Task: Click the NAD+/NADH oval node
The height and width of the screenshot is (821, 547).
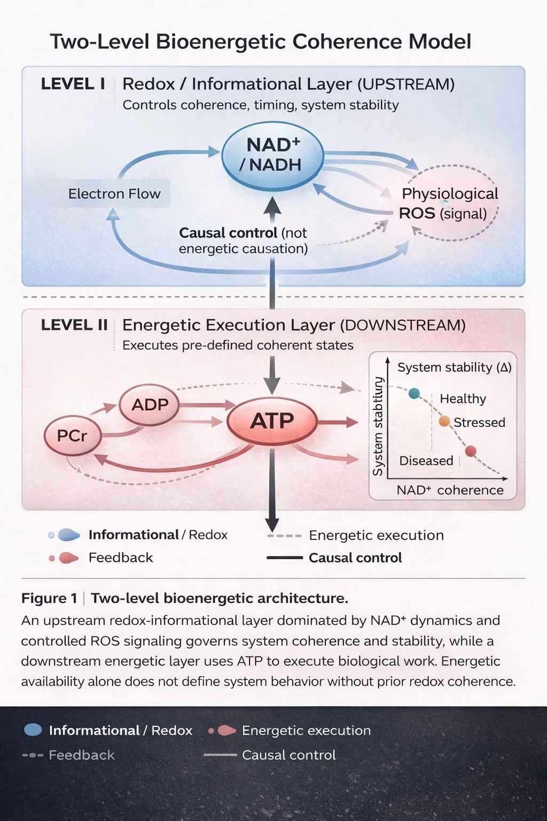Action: click(273, 156)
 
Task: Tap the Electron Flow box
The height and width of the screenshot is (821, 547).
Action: click(114, 193)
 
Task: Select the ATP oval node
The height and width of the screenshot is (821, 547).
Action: click(272, 421)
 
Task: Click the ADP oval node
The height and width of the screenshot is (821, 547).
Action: click(150, 405)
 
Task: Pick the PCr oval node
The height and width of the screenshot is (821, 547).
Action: click(72, 436)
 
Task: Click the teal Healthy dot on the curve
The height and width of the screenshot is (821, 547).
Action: click(414, 393)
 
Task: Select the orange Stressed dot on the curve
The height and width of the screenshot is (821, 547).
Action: click(444, 422)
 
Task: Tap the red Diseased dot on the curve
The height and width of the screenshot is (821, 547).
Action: click(471, 451)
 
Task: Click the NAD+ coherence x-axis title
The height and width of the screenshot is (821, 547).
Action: click(450, 490)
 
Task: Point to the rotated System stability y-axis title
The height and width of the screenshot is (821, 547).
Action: click(377, 426)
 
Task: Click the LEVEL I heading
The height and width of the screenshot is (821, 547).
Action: click(73, 84)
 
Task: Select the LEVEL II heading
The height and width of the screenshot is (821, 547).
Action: click(74, 325)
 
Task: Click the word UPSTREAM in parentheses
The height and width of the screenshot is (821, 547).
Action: click(406, 84)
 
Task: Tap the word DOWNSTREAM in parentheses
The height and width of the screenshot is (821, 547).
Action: click(403, 326)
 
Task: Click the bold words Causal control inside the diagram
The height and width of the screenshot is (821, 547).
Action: click(228, 233)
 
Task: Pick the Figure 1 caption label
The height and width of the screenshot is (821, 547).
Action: click(49, 598)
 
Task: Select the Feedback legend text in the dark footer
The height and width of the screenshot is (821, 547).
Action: click(82, 755)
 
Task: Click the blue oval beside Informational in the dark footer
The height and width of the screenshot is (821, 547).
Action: click(33, 730)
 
